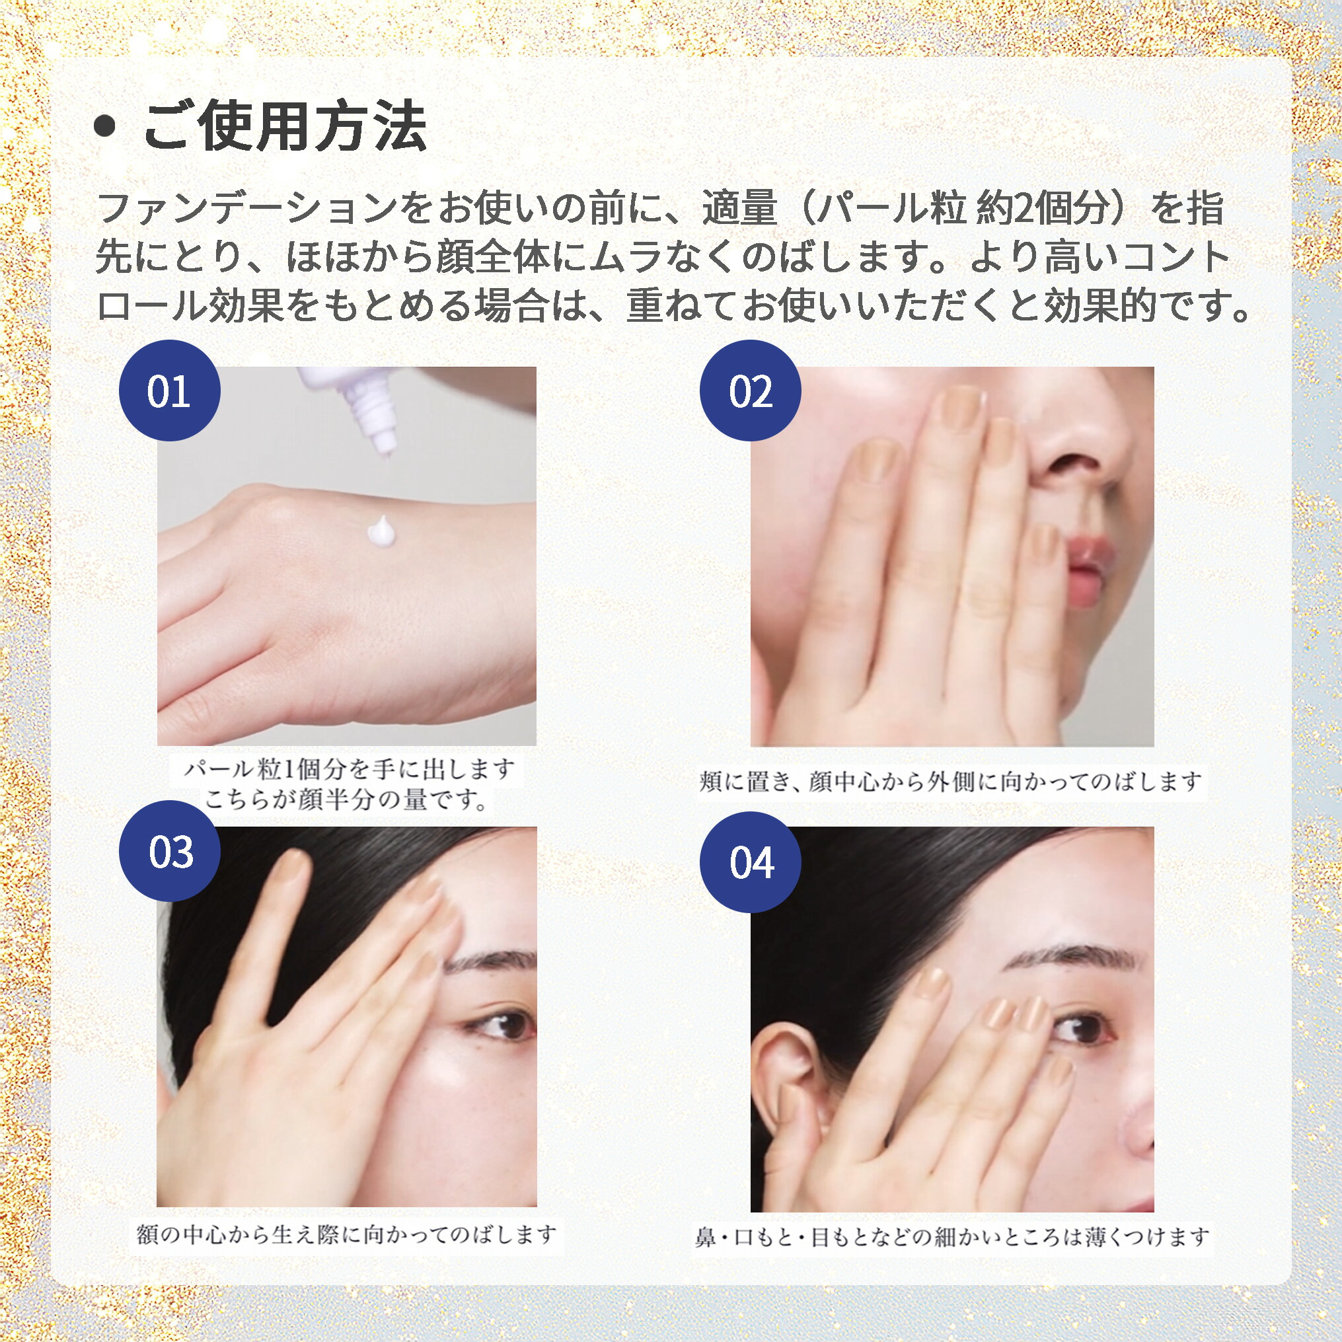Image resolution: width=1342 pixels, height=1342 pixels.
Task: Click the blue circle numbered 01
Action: (x=170, y=391)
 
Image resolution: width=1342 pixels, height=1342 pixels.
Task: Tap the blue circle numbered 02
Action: (x=749, y=391)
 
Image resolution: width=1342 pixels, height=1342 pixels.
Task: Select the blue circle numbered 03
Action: (x=170, y=851)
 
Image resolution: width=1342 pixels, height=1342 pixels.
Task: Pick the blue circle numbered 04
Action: (x=749, y=862)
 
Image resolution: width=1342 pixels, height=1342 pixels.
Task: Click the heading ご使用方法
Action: (x=284, y=126)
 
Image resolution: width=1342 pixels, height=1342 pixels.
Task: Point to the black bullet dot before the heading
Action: (x=105, y=126)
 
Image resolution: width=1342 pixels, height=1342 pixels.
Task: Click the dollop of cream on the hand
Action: (x=381, y=531)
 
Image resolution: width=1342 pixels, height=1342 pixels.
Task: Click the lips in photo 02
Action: (x=1087, y=563)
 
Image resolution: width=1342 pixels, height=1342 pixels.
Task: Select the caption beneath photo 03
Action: (x=346, y=1234)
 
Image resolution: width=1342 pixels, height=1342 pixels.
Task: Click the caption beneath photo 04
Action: (x=951, y=1236)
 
